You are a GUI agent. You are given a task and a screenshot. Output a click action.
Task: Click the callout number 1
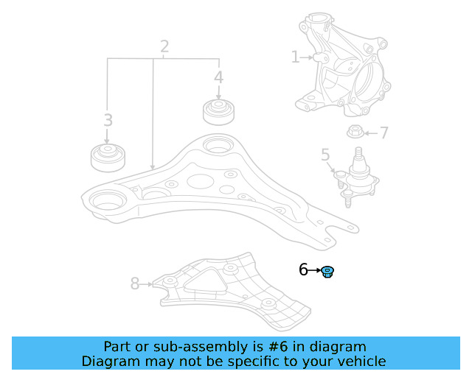pyautogui.click(x=295, y=57)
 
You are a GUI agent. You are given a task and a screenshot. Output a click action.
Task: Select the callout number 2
pyautogui.click(x=164, y=47)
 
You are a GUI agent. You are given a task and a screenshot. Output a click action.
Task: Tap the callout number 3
pyautogui.click(x=108, y=120)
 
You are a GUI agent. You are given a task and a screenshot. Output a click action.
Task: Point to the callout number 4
pyautogui.click(x=218, y=77)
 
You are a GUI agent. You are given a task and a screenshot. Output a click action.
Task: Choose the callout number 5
pyautogui.click(x=325, y=155)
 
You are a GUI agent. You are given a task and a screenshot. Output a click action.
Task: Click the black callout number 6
pyautogui.click(x=303, y=270)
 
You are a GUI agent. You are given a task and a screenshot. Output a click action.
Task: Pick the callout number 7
pyautogui.click(x=384, y=133)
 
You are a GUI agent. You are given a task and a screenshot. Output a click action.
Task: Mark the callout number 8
pyautogui.click(x=134, y=283)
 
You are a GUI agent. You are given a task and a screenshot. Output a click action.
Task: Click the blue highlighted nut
pyautogui.click(x=328, y=272)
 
